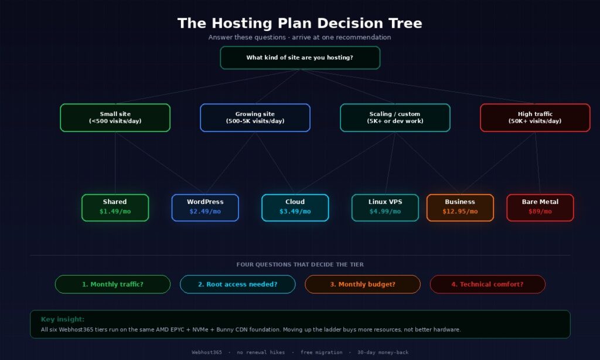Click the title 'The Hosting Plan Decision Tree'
(x=299, y=23)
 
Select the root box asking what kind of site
(x=299, y=57)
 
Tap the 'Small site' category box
(x=115, y=117)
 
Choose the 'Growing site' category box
(x=255, y=117)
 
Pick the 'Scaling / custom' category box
(x=395, y=117)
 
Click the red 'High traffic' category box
(x=535, y=117)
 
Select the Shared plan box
(x=115, y=208)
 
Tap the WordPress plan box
(x=205, y=208)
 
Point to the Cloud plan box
(x=295, y=208)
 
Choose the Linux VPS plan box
(x=385, y=208)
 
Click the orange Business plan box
(x=460, y=208)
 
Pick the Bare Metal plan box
(x=540, y=208)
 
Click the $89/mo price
(x=540, y=212)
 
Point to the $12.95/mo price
(x=460, y=212)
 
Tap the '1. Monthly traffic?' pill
(x=112, y=284)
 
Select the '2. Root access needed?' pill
(x=237, y=284)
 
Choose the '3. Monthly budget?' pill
(x=362, y=284)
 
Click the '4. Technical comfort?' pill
(x=487, y=284)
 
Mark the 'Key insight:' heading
(x=63, y=320)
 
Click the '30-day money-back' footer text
(x=383, y=352)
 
